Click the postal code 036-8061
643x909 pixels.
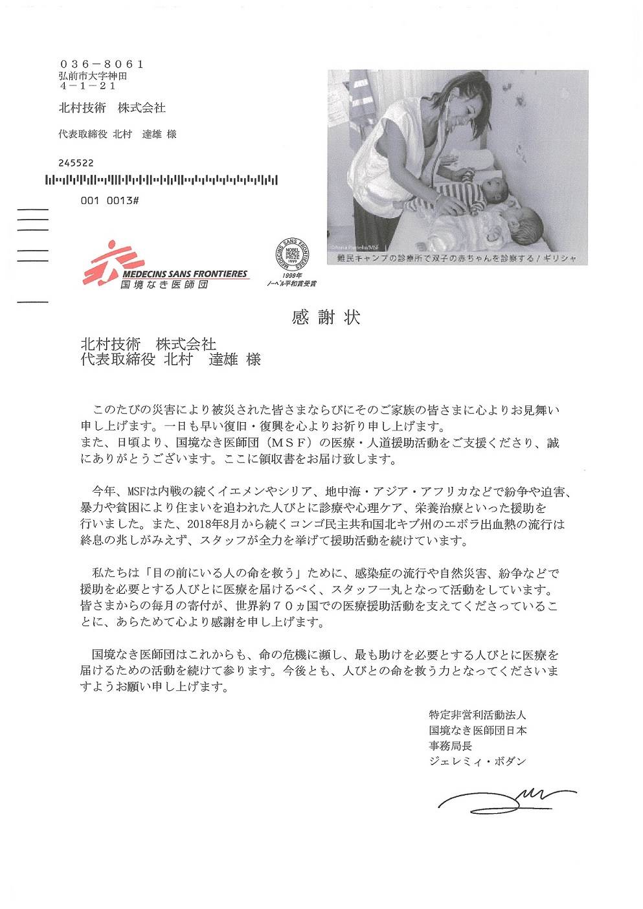pyautogui.click(x=101, y=65)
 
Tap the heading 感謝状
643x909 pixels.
pyautogui.click(x=326, y=317)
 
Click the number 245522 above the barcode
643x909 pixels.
pyautogui.click(x=76, y=163)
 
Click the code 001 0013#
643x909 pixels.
pyautogui.click(x=110, y=201)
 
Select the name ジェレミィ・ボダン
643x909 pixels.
pyautogui.click(x=477, y=761)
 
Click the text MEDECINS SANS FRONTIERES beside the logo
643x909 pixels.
pyautogui.click(x=185, y=275)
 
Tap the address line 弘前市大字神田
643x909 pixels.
pyautogui.click(x=93, y=76)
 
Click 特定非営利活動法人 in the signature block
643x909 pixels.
pyautogui.click(x=477, y=715)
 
